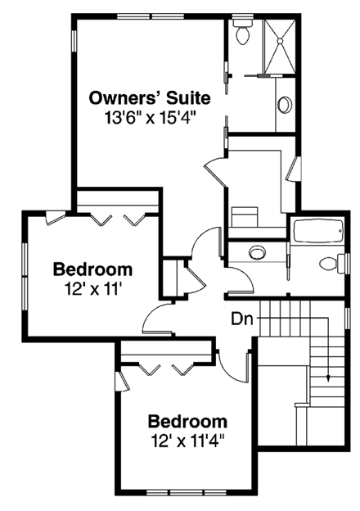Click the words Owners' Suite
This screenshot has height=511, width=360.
[x=150, y=98]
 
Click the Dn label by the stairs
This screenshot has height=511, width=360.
[x=241, y=317]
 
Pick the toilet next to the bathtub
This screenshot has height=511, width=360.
[x=329, y=263]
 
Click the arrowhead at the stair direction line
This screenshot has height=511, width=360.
[x=327, y=378]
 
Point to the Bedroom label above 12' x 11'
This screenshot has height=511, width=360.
[x=92, y=269]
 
